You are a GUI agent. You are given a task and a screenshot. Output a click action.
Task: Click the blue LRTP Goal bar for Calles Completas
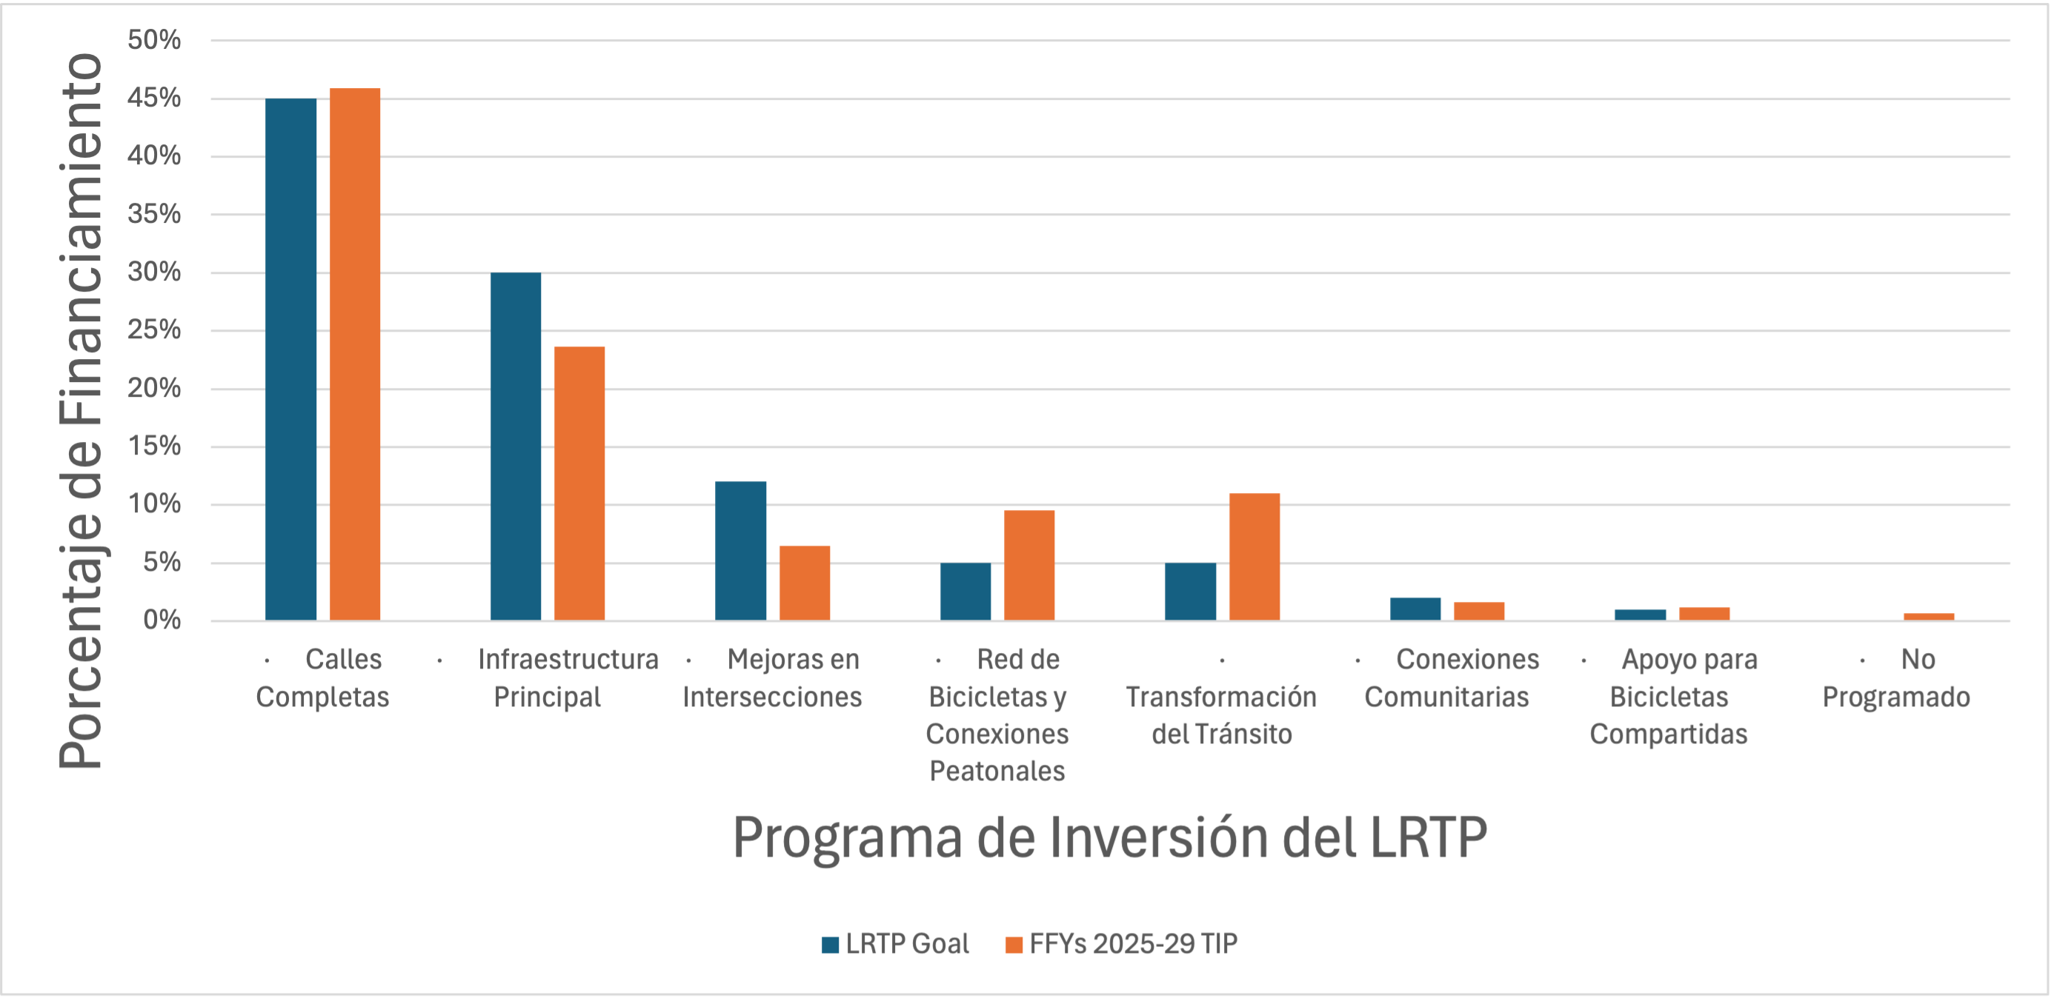pyautogui.click(x=290, y=358)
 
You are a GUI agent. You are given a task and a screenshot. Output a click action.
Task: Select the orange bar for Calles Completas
pyautogui.click(x=355, y=354)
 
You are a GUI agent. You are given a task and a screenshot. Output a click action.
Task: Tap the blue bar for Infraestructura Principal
pyautogui.click(x=515, y=446)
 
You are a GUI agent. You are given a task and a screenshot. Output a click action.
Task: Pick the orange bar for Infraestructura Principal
pyautogui.click(x=579, y=483)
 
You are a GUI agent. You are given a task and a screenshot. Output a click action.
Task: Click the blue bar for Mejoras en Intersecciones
pyautogui.click(x=740, y=551)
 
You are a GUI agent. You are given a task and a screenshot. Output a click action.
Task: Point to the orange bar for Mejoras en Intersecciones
pyautogui.click(x=805, y=583)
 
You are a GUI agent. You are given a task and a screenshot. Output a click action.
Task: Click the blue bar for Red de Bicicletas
pyautogui.click(x=965, y=592)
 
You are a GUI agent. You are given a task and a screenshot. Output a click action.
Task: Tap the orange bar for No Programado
pyautogui.click(x=1929, y=616)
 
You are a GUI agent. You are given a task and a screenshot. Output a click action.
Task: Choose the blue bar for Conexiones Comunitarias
pyautogui.click(x=1415, y=609)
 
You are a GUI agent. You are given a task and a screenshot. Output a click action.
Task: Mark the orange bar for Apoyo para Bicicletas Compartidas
pyautogui.click(x=1704, y=614)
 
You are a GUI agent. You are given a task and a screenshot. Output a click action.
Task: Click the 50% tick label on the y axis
pyautogui.click(x=155, y=40)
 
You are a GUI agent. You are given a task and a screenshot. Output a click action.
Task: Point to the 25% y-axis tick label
pyautogui.click(x=155, y=330)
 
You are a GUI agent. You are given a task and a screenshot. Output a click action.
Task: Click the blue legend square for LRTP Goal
pyautogui.click(x=830, y=945)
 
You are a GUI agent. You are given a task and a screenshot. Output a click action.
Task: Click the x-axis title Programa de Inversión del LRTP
pyautogui.click(x=1109, y=837)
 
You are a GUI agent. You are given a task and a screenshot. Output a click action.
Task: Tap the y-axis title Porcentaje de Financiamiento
pyautogui.click(x=81, y=410)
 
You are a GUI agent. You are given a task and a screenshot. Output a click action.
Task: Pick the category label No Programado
pyautogui.click(x=1896, y=678)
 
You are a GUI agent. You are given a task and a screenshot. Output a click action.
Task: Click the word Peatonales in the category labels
pyautogui.click(x=997, y=771)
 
